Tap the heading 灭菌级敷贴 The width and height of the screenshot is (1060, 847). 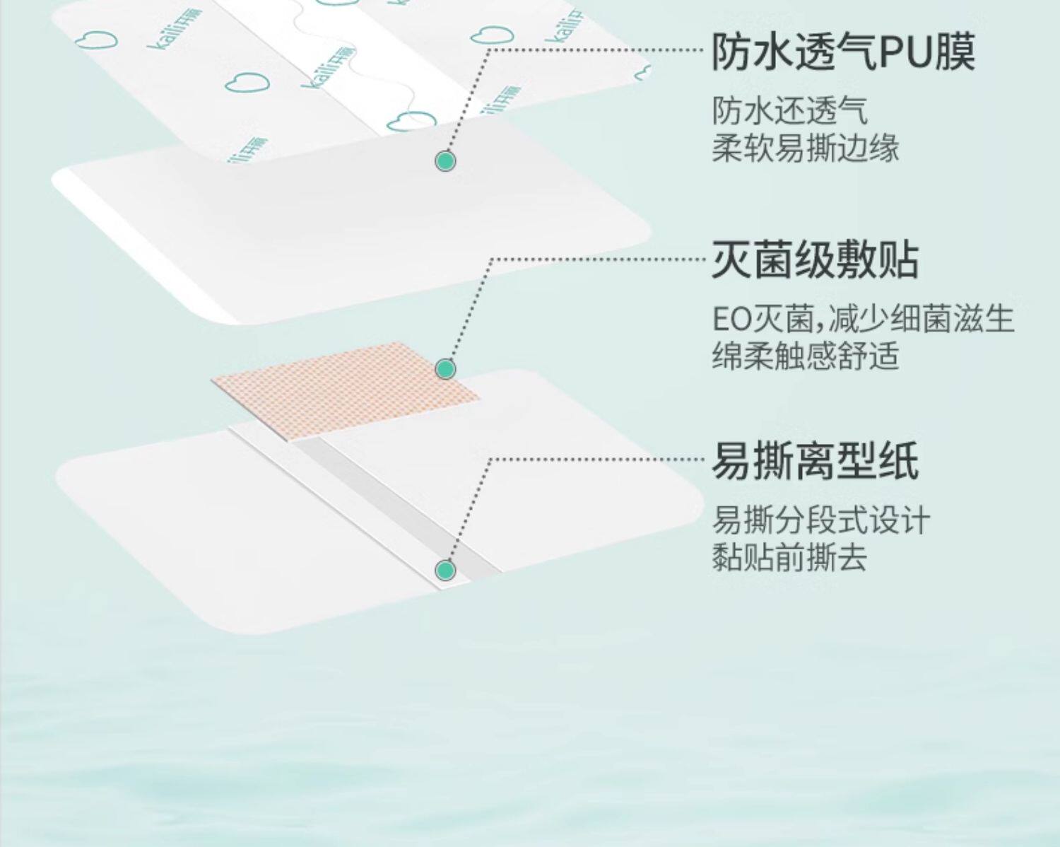815,259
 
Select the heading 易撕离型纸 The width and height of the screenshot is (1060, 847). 815,461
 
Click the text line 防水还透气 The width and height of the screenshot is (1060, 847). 789,112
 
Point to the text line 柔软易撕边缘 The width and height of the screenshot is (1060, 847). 805,148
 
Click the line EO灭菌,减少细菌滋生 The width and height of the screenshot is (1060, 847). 863,319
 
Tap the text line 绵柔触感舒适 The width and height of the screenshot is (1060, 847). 805,356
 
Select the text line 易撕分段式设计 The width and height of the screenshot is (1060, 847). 820,521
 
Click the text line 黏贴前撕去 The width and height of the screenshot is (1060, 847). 789,558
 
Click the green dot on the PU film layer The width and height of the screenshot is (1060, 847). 444,161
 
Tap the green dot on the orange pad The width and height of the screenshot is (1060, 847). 444,368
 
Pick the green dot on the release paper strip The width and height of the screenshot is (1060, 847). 444,570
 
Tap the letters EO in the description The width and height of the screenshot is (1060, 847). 730,320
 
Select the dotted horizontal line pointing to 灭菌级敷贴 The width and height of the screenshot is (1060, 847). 601,259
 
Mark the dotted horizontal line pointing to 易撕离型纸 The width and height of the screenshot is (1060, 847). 601,459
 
